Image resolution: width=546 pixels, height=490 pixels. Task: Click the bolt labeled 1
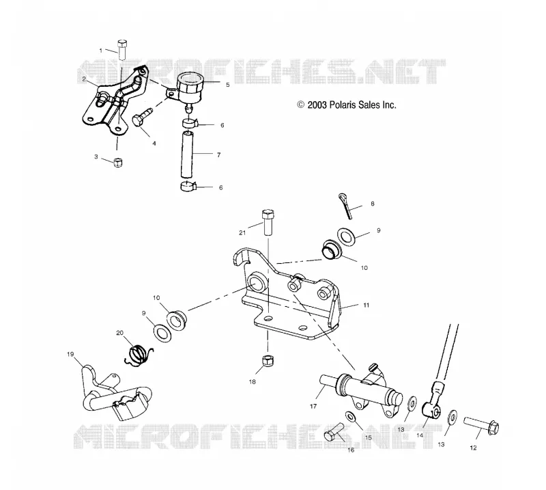pos(122,50)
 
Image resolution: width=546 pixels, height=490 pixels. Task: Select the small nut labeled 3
pos(118,162)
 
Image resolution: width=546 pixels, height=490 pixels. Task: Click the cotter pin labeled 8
pos(345,206)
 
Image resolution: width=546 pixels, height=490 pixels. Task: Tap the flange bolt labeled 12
pos(481,426)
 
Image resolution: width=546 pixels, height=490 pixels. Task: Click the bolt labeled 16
pos(334,432)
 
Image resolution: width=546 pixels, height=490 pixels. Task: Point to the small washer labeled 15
pos(350,416)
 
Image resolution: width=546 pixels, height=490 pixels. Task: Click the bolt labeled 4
pos(142,118)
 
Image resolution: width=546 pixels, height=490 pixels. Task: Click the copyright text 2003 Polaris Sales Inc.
pos(347,105)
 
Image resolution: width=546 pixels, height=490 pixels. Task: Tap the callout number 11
pos(366,305)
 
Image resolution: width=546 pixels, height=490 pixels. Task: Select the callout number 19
pos(70,354)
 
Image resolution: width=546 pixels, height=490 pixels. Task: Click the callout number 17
pos(313,406)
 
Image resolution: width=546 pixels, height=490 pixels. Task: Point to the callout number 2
pos(84,79)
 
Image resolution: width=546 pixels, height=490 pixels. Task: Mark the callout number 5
pos(228,85)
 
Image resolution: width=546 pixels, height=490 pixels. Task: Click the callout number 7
pos(218,155)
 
